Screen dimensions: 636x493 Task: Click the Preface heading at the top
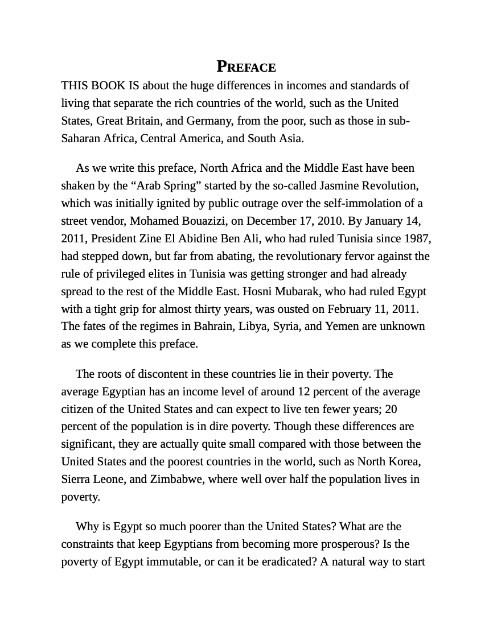(x=246, y=67)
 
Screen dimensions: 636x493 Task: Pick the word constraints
(x=91, y=544)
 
